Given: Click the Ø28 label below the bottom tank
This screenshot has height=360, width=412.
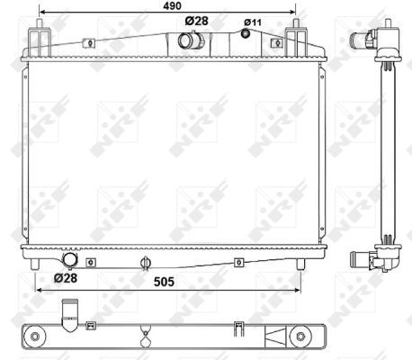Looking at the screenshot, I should [x=65, y=278].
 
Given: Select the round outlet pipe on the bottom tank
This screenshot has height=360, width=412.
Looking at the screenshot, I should [x=69, y=260].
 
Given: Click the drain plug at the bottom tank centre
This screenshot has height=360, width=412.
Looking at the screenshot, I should [x=144, y=264].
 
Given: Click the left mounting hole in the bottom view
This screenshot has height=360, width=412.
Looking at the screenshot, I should [x=36, y=337].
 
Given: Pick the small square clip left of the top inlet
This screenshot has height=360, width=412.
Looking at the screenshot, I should [x=90, y=41].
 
